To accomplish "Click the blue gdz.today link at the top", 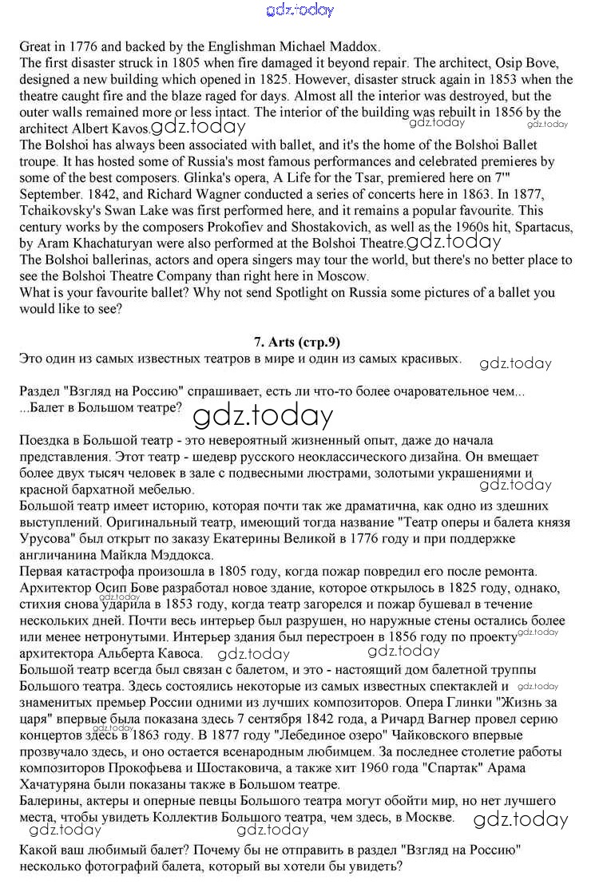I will pyautogui.click(x=299, y=10).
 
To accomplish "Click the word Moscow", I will pyautogui.click(x=343, y=276).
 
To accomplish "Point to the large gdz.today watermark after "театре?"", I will pyautogui.click(x=263, y=415).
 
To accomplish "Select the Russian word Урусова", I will pyautogui.click(x=45, y=538).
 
